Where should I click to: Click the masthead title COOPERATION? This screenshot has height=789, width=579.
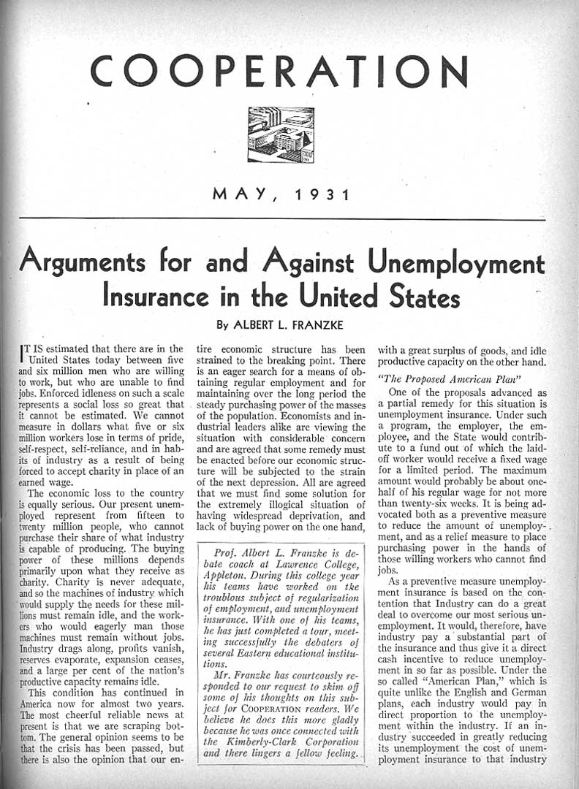[278, 71]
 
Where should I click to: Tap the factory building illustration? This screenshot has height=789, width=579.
[281, 134]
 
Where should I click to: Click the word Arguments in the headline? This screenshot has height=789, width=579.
[91, 265]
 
